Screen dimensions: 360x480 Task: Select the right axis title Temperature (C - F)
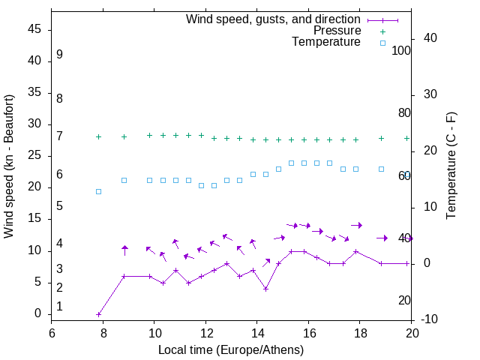click(451, 166)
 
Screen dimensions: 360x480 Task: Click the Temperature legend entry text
click(326, 42)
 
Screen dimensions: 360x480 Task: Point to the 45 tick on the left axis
click(36, 30)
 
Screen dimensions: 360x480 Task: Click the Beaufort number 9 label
click(59, 55)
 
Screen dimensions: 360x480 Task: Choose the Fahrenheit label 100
click(401, 51)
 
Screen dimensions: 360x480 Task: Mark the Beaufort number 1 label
click(59, 307)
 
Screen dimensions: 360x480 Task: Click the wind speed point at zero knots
click(98, 314)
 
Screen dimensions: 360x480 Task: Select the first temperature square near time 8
click(98, 191)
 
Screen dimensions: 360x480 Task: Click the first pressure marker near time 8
click(98, 137)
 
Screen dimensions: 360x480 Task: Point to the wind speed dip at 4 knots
click(265, 289)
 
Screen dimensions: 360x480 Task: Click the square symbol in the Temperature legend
click(382, 43)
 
